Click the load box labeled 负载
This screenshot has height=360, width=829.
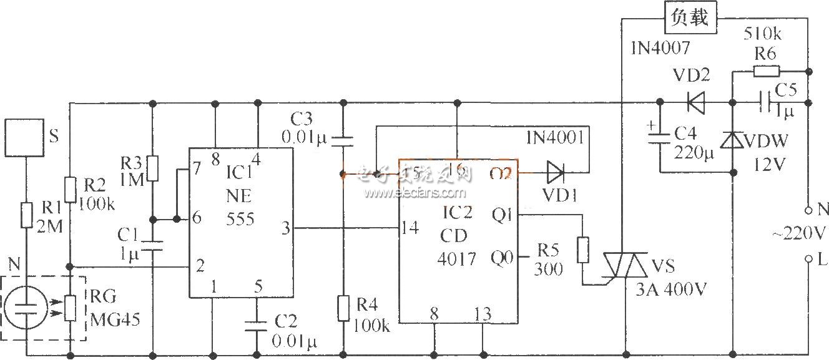(x=690, y=17)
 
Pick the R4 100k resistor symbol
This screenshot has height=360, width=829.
(x=343, y=309)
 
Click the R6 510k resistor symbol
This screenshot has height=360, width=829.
(x=765, y=71)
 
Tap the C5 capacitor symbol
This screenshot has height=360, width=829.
(x=763, y=101)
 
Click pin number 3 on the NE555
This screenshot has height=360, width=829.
(x=286, y=228)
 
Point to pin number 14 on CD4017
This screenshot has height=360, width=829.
(x=409, y=228)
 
